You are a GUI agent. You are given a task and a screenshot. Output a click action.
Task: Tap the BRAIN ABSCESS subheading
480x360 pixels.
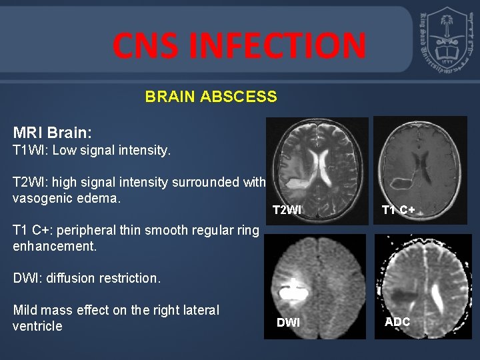pyautogui.click(x=211, y=97)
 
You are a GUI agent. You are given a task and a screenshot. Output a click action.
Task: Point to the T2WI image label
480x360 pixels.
pyautogui.click(x=287, y=210)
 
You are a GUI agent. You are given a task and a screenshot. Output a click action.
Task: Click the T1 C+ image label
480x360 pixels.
pyautogui.click(x=398, y=210)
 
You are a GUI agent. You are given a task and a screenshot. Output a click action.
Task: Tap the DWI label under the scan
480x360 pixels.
pyautogui.click(x=288, y=323)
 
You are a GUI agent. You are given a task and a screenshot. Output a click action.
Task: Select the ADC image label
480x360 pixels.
pyautogui.click(x=397, y=322)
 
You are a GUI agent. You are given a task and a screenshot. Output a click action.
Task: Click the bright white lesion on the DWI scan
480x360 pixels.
pyautogui.click(x=292, y=291)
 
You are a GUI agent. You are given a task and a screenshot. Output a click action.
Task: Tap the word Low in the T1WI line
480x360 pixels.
pyautogui.click(x=65, y=151)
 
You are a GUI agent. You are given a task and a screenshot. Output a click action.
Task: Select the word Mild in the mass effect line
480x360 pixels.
pyautogui.click(x=25, y=310)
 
